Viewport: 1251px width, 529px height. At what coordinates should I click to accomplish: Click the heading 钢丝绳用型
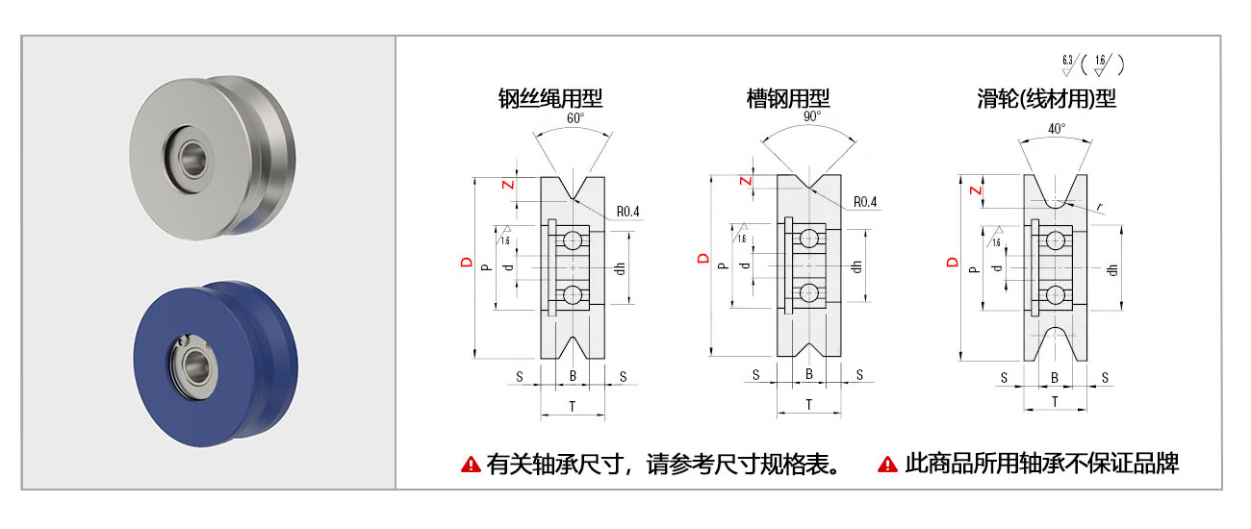[x=549, y=97]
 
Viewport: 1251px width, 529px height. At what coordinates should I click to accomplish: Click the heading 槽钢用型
[x=788, y=97]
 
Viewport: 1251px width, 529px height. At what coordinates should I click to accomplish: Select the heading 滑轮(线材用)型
[x=1046, y=97]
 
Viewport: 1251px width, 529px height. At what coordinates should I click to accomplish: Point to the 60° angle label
[x=575, y=119]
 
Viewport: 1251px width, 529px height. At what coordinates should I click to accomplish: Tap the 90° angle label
[x=811, y=116]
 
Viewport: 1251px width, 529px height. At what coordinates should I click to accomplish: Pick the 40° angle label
[x=1057, y=129]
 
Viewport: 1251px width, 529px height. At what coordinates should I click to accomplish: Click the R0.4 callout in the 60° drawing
[x=627, y=212]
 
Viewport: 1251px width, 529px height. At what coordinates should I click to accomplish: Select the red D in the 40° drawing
[x=953, y=262]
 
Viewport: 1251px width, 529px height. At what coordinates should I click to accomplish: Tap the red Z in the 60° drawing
[x=508, y=185]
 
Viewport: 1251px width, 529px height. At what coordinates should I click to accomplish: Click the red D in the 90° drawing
[x=703, y=258]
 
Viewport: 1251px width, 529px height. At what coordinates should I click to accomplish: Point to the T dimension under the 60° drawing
[x=573, y=407]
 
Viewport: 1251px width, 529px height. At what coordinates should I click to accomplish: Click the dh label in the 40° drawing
[x=1112, y=268]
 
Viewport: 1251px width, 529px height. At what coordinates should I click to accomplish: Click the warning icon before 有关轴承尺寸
[x=471, y=465]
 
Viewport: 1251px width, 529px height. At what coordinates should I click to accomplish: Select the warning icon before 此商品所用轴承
[x=887, y=465]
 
